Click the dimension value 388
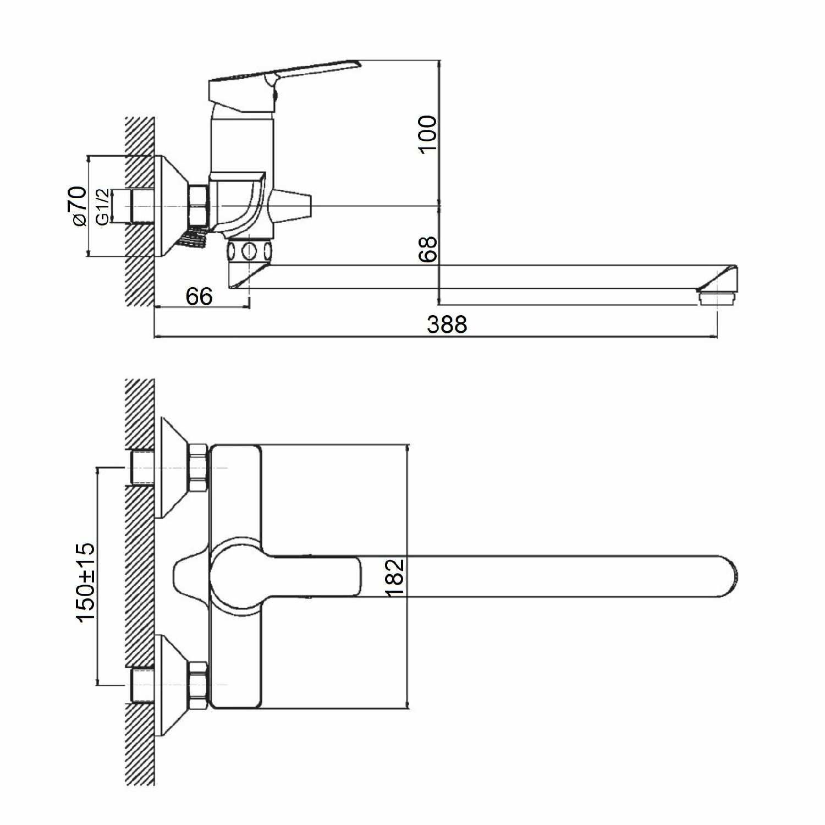pyautogui.click(x=447, y=324)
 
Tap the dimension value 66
pyautogui.click(x=199, y=296)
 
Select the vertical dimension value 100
pyautogui.click(x=427, y=134)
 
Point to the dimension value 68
pyautogui.click(x=427, y=249)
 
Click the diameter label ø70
pyautogui.click(x=78, y=206)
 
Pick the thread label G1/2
pyautogui.click(x=102, y=206)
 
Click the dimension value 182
pyautogui.click(x=395, y=577)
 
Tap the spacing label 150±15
pyautogui.click(x=85, y=582)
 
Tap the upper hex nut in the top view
pyautogui.click(x=197, y=468)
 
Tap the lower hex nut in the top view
pyautogui.click(x=197, y=685)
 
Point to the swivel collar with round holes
pyautogui.click(x=249, y=251)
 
